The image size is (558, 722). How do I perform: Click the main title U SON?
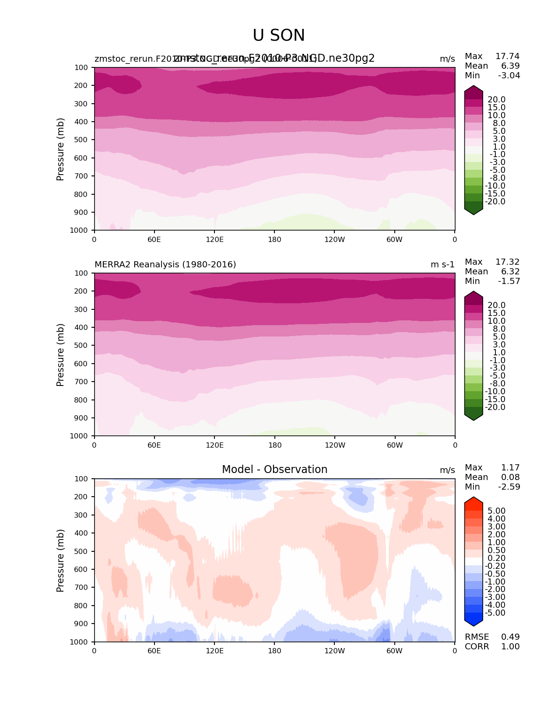(279, 36)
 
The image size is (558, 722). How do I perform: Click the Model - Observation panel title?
(274, 470)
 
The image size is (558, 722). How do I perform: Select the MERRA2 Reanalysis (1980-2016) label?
(165, 265)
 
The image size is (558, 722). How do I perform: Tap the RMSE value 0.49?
(510, 637)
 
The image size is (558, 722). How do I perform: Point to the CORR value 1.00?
(510, 647)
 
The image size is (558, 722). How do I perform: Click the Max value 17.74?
(507, 56)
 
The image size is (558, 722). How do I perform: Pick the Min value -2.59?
(509, 487)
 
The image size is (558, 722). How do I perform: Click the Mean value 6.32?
(510, 272)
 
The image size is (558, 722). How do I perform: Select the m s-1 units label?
(442, 265)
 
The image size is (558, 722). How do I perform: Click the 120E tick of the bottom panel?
(214, 651)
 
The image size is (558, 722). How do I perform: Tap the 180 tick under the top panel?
(274, 240)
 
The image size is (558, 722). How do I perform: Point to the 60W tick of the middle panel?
(395, 445)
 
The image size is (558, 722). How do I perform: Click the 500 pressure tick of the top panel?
(82, 140)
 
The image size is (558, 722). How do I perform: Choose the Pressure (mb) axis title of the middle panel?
(60, 355)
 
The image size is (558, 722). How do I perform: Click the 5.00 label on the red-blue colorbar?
(496, 511)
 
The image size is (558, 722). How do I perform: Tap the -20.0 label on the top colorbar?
(495, 202)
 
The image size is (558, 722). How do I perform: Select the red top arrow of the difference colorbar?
(474, 503)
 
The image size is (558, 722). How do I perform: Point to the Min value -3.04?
(509, 76)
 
